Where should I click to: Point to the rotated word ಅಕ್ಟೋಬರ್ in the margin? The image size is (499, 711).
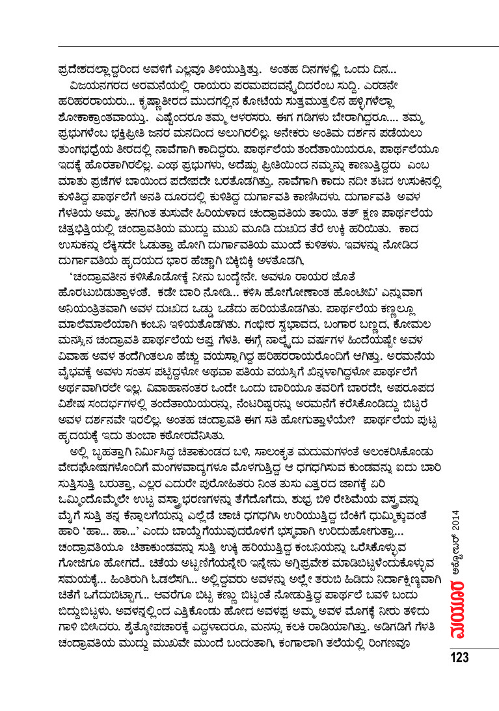(458, 567)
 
